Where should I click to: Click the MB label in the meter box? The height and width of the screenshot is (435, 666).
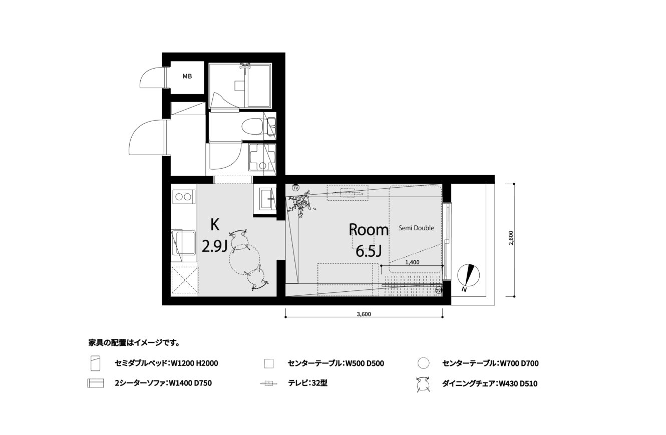click(x=187, y=77)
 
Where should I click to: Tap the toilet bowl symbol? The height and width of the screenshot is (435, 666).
click(x=252, y=127)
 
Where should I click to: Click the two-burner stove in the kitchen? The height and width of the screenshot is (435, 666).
click(x=183, y=197)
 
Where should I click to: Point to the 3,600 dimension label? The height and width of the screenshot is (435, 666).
click(x=364, y=314)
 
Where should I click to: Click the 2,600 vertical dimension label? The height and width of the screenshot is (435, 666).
click(x=511, y=238)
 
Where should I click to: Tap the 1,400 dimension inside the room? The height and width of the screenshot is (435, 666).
click(x=412, y=262)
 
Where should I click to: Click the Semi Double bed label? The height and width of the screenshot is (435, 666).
click(x=416, y=228)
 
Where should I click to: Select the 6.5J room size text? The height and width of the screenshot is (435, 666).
click(x=369, y=251)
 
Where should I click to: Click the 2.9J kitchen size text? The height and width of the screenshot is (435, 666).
click(x=215, y=246)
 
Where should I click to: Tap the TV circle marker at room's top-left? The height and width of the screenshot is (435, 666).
click(x=295, y=188)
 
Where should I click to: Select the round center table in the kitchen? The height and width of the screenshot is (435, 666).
click(x=245, y=259)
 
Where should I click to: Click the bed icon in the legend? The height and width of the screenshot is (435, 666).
click(x=96, y=363)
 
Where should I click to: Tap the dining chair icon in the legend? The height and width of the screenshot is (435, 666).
click(x=424, y=384)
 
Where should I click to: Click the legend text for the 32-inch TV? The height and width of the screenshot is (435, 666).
click(x=307, y=383)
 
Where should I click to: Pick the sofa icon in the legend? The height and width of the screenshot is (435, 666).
click(x=96, y=383)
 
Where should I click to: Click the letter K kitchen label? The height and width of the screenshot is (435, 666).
click(x=215, y=224)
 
